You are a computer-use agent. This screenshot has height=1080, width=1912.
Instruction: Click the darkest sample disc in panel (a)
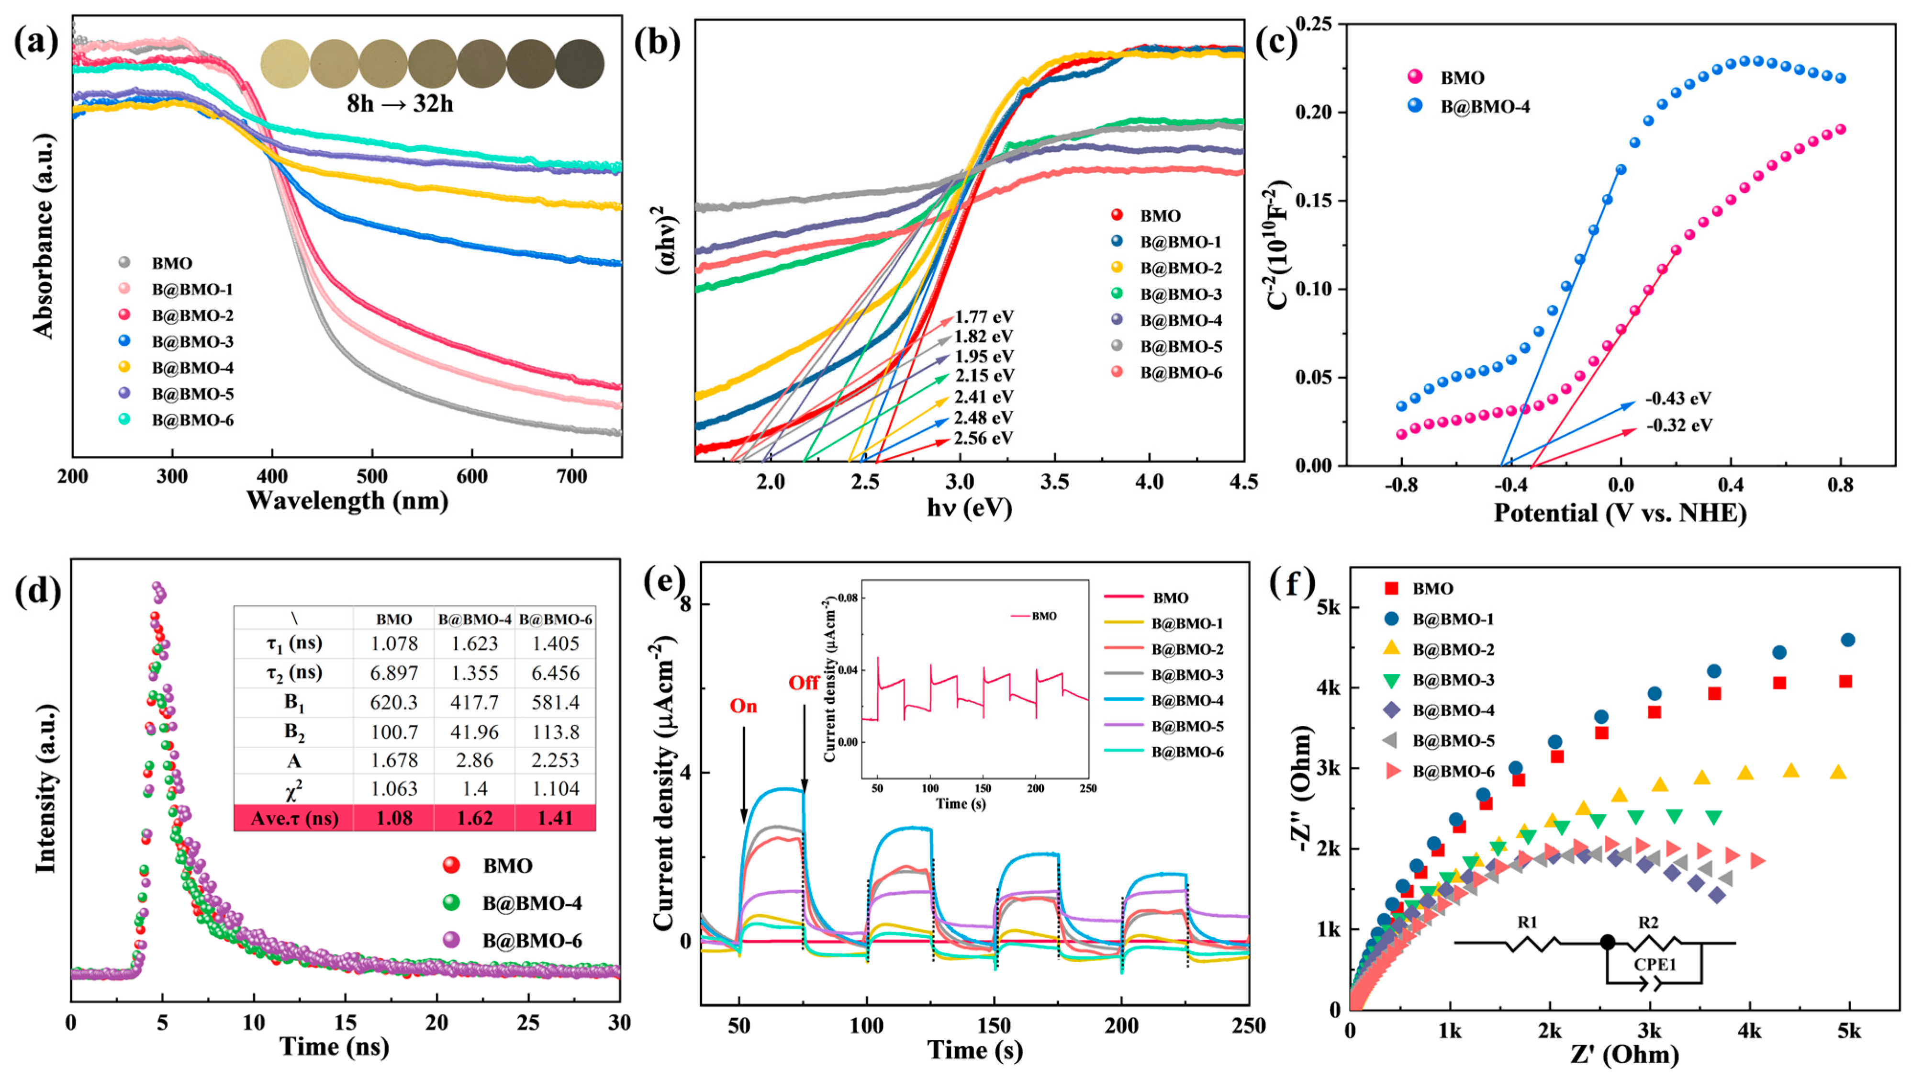pos(580,63)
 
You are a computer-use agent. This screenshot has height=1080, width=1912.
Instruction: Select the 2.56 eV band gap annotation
pos(984,438)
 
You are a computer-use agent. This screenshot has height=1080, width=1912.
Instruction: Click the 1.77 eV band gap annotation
pos(984,317)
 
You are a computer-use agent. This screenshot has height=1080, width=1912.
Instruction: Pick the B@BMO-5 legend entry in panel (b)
pos(1180,347)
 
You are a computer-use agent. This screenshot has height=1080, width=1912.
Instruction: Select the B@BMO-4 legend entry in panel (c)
pos(1485,106)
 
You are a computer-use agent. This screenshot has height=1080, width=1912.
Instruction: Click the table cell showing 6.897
pos(394,673)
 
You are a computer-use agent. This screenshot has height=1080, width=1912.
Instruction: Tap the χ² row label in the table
pos(294,789)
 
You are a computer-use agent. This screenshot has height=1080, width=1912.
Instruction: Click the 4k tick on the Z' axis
pos(1749,1032)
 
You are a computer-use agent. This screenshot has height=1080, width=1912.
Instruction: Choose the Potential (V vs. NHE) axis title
pos(1620,512)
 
